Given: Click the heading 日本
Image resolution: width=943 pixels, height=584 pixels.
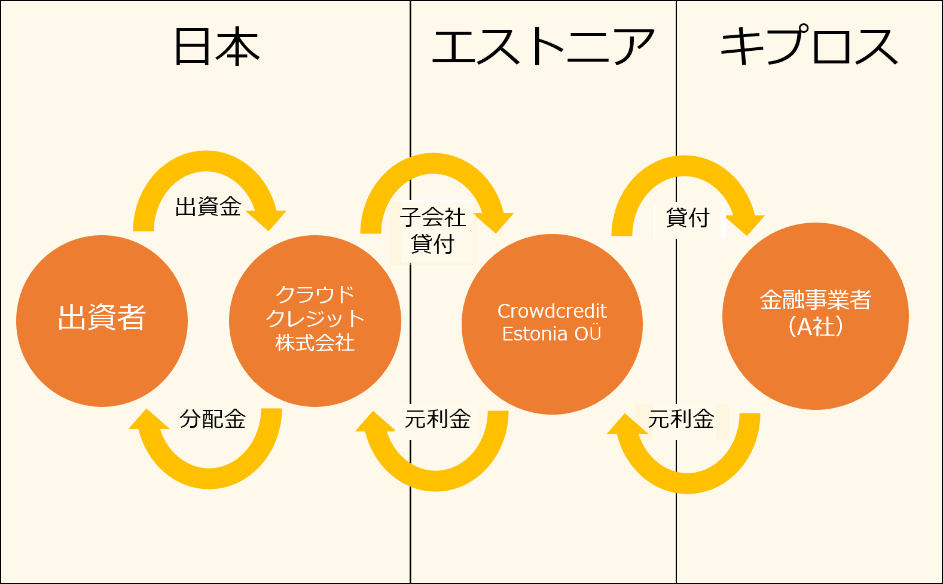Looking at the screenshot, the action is coord(217,46).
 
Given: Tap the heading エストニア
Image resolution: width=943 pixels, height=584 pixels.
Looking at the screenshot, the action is coord(543,46).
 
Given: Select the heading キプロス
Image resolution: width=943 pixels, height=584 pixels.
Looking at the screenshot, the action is coord(809,45).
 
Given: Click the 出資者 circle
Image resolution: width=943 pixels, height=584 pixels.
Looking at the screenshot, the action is coord(102,321).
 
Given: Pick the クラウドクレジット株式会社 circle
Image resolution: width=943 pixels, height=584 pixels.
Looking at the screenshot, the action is coord(315,321).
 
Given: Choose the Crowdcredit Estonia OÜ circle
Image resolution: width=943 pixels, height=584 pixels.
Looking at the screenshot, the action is coord(552,324).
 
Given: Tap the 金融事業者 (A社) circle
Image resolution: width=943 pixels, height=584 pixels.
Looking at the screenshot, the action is coord(816,316).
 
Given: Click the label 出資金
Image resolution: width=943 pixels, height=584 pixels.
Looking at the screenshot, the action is coord(208,206).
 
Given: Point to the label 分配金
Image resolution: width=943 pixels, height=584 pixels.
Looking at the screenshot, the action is coord(213,419).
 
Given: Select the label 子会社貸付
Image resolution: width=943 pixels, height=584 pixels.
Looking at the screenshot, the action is coord(433,230).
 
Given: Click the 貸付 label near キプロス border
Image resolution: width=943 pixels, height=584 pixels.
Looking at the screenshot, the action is coord(688,218).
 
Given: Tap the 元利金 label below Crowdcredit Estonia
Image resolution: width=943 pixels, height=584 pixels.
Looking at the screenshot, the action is coord(437,419).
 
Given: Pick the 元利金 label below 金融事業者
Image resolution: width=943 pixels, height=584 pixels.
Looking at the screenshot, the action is coord(680,419).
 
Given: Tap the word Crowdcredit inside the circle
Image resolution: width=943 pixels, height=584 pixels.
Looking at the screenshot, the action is coord(552,311).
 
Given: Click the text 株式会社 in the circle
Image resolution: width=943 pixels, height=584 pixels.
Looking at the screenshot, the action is coord(315,343).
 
